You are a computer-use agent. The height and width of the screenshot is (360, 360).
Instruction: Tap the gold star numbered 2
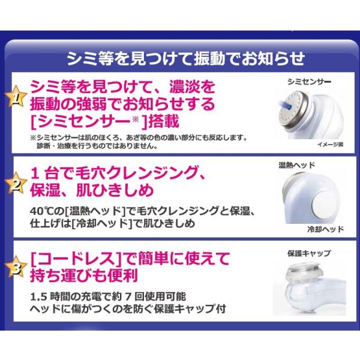(16, 184)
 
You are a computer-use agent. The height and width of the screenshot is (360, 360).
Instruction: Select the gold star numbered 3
(16, 267)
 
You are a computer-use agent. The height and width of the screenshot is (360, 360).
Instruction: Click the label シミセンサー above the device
(309, 82)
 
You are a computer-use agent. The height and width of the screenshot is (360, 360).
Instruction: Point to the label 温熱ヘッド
(296, 165)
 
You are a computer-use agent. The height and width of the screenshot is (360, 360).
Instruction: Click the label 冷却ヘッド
(326, 229)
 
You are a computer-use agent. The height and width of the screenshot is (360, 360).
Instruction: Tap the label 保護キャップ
(309, 253)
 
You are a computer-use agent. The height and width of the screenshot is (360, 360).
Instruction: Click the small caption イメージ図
(330, 145)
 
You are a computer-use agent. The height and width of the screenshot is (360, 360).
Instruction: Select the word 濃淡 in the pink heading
(184, 86)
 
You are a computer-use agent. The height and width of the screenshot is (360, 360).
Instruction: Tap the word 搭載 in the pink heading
(164, 121)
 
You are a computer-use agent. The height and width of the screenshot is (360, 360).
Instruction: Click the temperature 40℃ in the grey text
(40, 211)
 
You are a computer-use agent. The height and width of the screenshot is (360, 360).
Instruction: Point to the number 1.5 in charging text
(38, 297)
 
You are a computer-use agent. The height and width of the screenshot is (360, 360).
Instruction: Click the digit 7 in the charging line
(128, 297)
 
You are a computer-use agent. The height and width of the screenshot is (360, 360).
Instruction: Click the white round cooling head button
(323, 203)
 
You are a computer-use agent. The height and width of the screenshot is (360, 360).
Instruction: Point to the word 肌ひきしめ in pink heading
(115, 190)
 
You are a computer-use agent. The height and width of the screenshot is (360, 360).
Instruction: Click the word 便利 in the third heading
(123, 275)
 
